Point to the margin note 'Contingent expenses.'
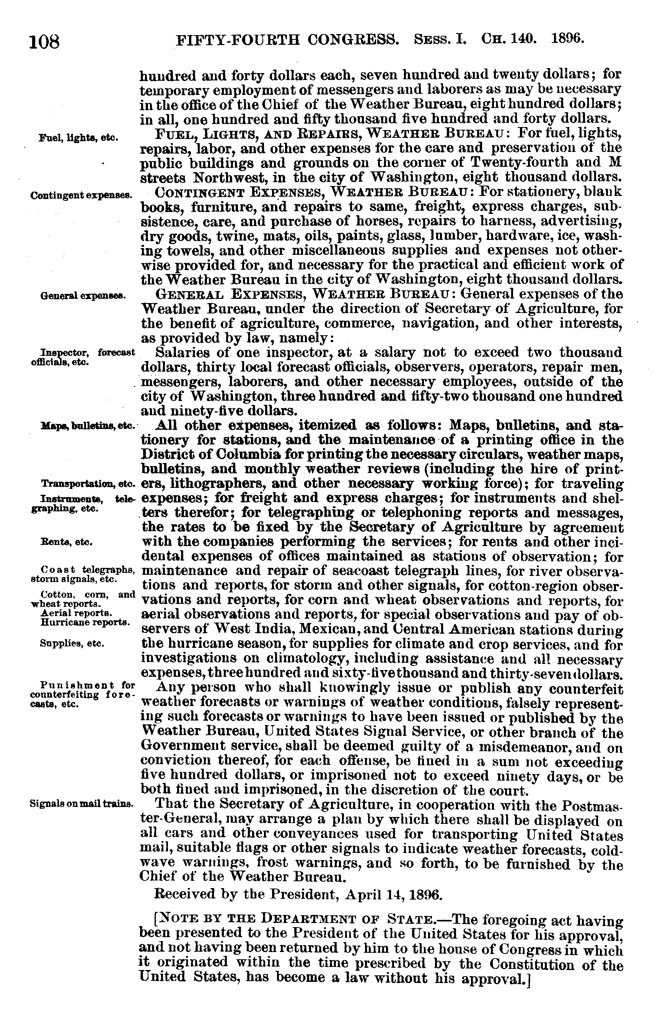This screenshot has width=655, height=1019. coord(81,196)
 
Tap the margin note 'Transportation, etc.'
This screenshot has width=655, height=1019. coord(88,484)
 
